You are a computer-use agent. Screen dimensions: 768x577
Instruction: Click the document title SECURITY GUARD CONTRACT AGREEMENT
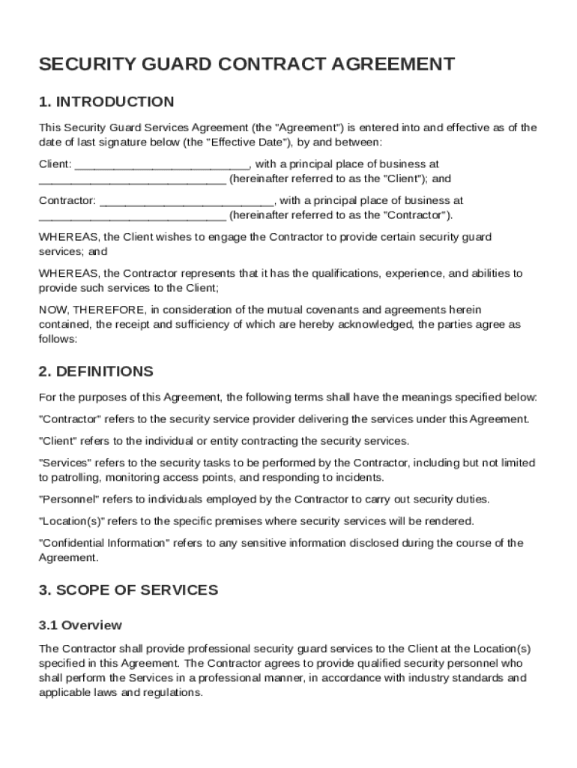[x=247, y=64]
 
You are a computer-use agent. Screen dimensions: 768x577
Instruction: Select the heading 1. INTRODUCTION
[x=106, y=102]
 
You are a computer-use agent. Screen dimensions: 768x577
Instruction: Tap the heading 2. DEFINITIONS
[x=96, y=372]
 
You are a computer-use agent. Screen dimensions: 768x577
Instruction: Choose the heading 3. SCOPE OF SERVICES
[x=128, y=590]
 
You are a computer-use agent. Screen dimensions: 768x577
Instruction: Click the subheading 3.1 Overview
[x=80, y=625]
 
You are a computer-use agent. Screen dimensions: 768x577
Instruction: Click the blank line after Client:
[x=163, y=164]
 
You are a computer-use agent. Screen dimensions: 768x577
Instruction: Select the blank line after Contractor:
[x=187, y=201]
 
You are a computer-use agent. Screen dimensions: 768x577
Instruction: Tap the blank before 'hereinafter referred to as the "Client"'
[x=132, y=179]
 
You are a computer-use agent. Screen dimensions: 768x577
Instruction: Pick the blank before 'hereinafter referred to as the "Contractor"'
[x=132, y=216]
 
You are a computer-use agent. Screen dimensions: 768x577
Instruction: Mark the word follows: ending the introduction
[x=58, y=339]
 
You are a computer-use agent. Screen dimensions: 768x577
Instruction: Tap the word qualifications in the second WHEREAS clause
[x=342, y=274]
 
